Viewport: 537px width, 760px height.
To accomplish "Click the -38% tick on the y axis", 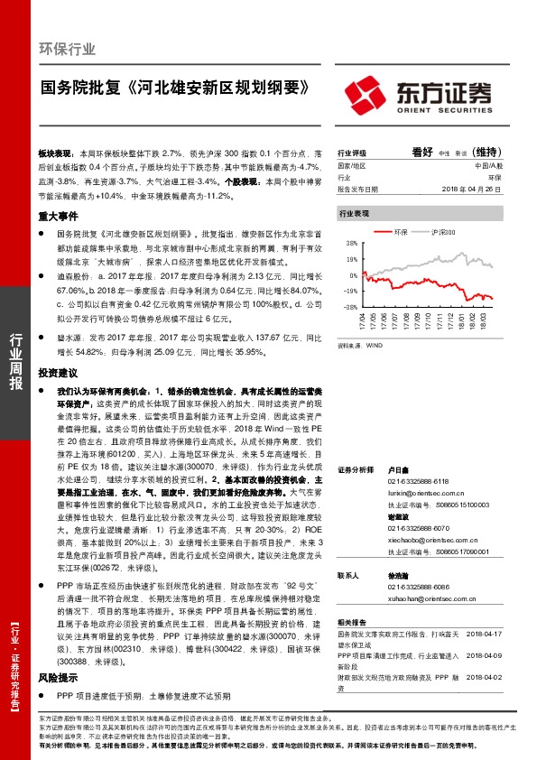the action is (347, 307).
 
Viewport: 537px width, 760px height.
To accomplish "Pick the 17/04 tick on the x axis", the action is (363, 322).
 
